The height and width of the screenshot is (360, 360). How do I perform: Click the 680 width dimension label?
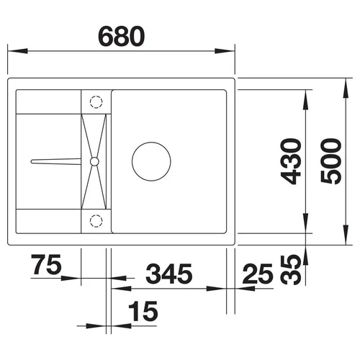[122, 37]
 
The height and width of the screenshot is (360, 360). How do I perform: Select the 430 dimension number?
[291, 161]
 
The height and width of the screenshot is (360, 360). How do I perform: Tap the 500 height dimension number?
[330, 161]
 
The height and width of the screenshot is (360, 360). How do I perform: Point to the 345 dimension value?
[168, 274]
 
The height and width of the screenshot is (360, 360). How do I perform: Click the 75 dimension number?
[46, 264]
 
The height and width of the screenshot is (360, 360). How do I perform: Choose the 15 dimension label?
[143, 311]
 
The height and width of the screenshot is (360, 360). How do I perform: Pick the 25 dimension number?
[258, 274]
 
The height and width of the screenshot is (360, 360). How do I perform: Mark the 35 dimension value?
[291, 270]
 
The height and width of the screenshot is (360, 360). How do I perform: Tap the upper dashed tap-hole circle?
[96, 102]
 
